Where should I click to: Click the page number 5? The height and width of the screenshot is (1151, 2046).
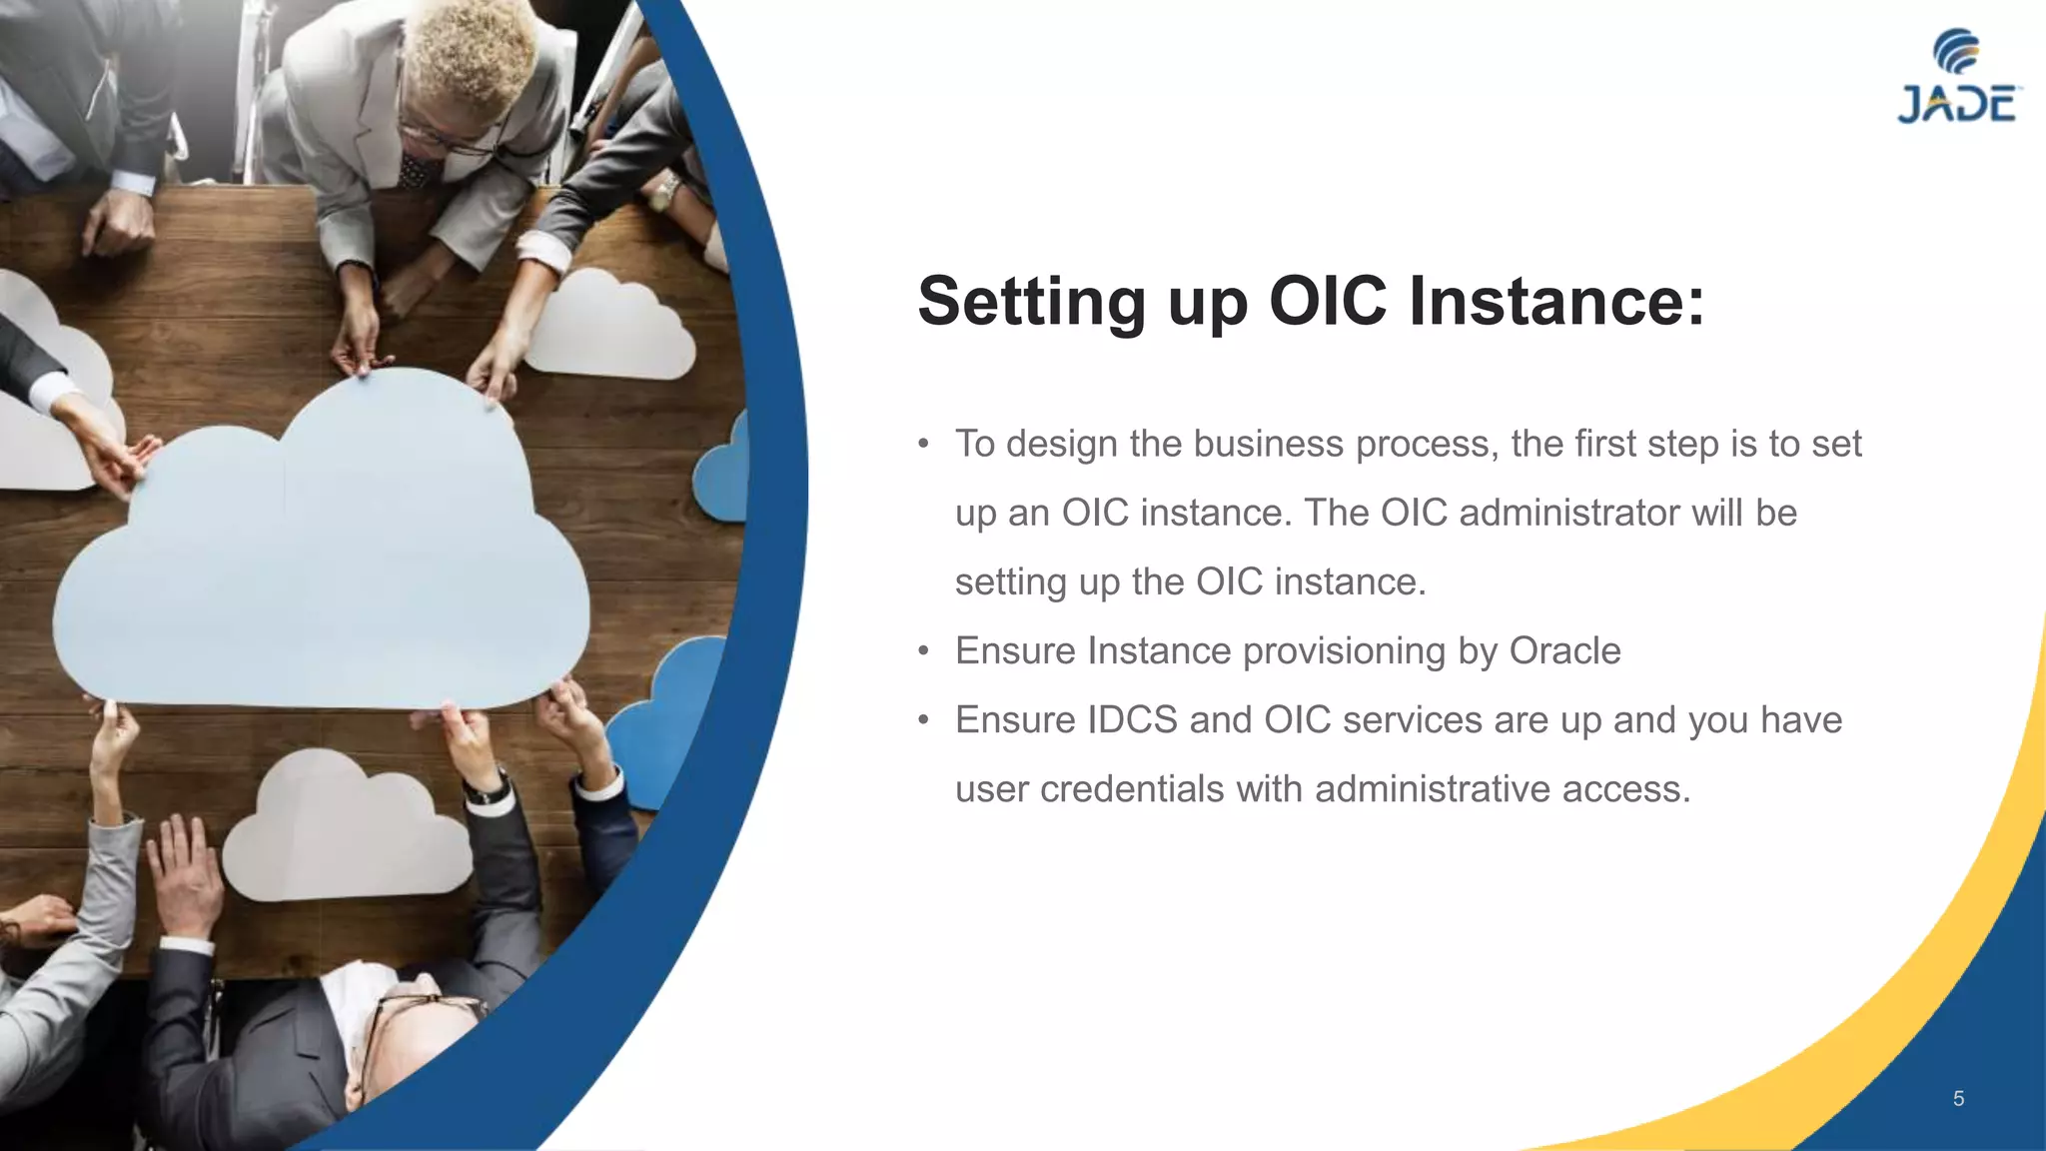(1958, 1099)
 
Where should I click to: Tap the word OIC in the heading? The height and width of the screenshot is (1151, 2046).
(1327, 301)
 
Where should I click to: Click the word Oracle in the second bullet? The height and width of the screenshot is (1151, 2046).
(1564, 650)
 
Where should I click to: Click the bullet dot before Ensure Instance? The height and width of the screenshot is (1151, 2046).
(924, 651)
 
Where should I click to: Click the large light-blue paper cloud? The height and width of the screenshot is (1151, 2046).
(320, 560)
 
